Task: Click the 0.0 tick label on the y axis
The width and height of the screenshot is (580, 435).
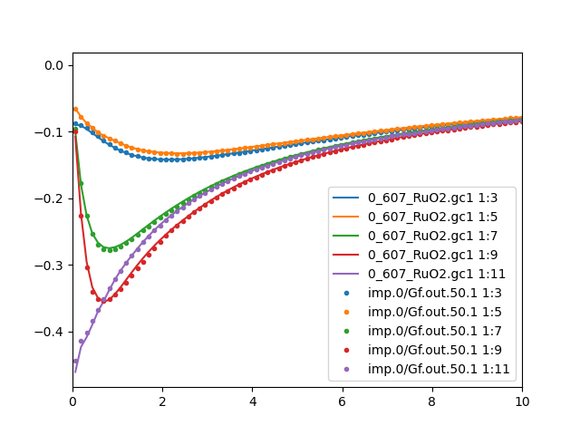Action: pos(54,65)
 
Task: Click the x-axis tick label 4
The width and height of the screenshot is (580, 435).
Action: pos(253,401)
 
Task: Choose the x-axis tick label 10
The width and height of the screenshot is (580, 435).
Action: pos(522,401)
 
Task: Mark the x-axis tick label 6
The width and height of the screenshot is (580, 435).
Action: pos(343,401)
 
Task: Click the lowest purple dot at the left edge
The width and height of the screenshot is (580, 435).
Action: pos(75,361)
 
